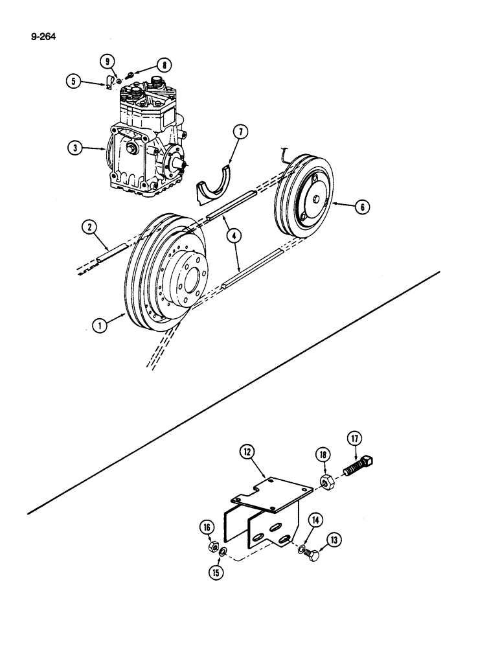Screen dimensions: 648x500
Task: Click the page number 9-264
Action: (42, 36)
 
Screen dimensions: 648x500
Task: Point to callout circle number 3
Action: (77, 148)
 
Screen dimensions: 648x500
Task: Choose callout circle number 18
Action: (323, 453)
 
